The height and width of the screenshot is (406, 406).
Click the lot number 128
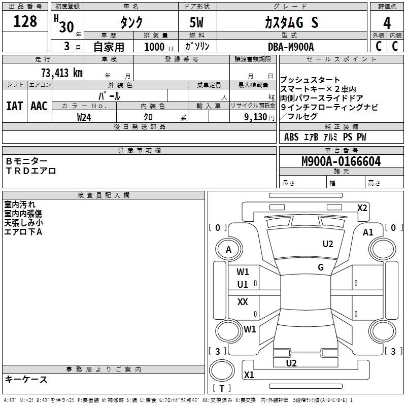tap(25, 21)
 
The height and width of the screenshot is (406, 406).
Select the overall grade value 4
tap(387, 23)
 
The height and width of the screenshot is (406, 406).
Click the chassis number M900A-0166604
tap(341, 161)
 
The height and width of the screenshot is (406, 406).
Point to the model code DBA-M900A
tap(291, 47)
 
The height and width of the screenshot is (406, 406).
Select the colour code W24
tap(84, 117)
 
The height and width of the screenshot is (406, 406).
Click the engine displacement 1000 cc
tap(155, 47)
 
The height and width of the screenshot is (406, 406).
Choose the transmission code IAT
tap(14, 106)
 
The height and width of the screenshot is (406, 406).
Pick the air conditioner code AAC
tap(39, 106)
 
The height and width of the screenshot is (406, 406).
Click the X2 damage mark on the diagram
tap(362, 208)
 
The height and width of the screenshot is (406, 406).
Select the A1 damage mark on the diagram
tap(368, 232)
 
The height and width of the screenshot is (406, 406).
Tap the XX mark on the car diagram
tap(243, 302)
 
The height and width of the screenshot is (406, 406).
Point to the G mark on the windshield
tap(321, 267)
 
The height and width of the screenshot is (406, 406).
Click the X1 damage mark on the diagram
tap(249, 375)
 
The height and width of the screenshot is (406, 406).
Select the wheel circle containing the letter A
tap(228, 249)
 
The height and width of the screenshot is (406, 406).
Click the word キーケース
tap(26, 379)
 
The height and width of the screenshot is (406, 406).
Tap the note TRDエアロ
tap(31, 171)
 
